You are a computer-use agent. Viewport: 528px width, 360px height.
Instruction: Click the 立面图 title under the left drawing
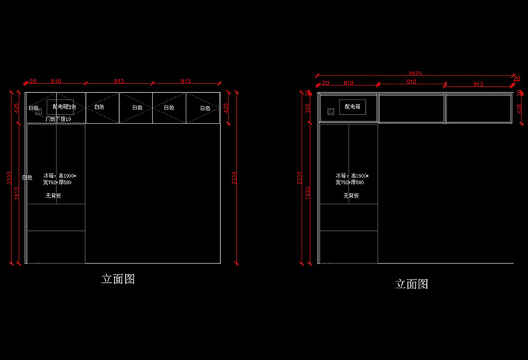pos(118,279)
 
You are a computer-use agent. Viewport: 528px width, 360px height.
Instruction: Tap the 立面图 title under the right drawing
pos(412,285)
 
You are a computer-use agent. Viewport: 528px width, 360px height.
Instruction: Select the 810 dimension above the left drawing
pos(56,81)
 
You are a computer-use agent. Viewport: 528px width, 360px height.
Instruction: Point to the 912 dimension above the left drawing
pos(119,81)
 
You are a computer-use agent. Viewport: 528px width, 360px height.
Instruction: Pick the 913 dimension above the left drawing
pos(186,81)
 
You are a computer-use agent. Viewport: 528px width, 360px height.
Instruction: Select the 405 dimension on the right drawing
pos(519,108)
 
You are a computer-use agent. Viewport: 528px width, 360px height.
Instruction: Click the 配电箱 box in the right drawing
pos(353,108)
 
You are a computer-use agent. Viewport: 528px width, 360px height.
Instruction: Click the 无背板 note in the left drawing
pos(53,196)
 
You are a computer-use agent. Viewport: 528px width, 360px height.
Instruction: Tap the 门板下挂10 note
pos(58,119)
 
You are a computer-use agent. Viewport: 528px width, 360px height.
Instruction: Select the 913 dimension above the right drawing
pos(477,85)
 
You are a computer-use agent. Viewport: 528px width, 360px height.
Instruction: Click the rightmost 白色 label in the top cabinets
pos(204,108)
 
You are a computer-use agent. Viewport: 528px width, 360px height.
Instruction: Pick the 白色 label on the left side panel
pos(27,178)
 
